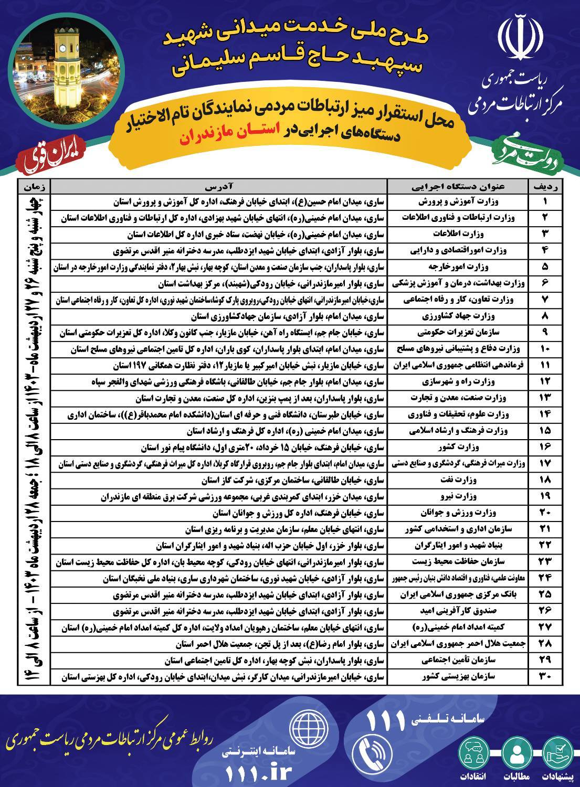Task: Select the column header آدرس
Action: click(x=219, y=186)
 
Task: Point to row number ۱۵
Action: click(x=544, y=431)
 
